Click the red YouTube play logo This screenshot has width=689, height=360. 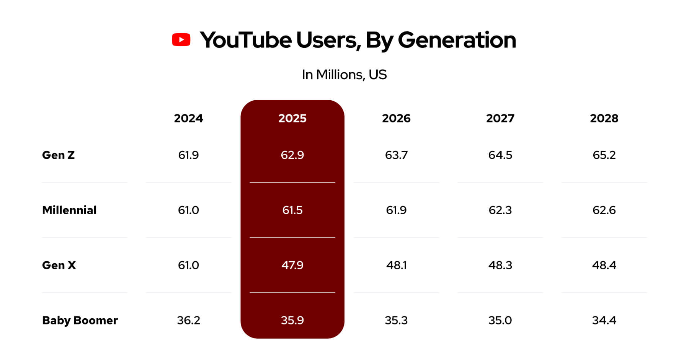181,40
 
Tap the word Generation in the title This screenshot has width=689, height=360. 457,40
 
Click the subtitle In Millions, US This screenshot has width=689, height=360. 344,75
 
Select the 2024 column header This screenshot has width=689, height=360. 188,118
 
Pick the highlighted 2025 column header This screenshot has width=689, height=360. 292,118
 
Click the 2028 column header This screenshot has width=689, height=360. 604,118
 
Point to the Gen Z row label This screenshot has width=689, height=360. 58,155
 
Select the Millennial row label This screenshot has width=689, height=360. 69,210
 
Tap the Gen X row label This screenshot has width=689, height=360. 59,265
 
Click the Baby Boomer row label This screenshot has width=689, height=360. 80,320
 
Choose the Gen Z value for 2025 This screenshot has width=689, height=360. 292,155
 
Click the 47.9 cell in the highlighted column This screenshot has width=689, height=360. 292,265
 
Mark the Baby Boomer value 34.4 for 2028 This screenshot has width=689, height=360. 604,320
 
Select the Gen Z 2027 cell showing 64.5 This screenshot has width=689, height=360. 500,155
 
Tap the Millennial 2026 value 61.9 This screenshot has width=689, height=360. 396,210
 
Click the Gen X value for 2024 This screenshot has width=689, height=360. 188,265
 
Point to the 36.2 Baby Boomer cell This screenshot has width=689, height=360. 188,320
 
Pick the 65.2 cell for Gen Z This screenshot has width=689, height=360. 604,155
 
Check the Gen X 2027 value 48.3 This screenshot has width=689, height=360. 500,265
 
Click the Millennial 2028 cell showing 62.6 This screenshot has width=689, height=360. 604,210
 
